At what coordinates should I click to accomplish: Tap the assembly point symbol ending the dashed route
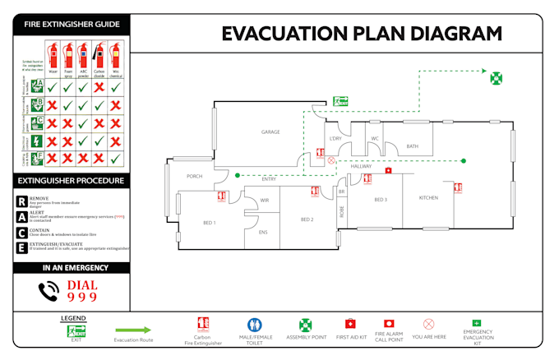(x=496, y=79)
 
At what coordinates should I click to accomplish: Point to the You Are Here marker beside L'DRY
(x=331, y=160)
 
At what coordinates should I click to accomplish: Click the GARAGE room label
(x=271, y=132)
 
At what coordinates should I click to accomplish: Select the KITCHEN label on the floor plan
(x=428, y=198)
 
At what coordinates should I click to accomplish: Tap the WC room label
(x=374, y=138)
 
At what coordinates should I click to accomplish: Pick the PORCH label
(x=195, y=176)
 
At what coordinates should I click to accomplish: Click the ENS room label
(x=263, y=233)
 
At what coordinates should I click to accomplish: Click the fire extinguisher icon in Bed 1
(x=221, y=196)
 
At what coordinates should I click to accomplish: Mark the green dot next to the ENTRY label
(x=238, y=174)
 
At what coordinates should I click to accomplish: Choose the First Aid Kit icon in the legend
(x=350, y=324)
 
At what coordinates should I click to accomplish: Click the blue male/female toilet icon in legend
(x=255, y=324)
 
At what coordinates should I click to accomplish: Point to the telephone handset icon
(x=49, y=290)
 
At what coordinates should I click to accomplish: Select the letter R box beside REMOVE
(x=21, y=201)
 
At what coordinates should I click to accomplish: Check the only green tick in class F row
(x=116, y=157)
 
